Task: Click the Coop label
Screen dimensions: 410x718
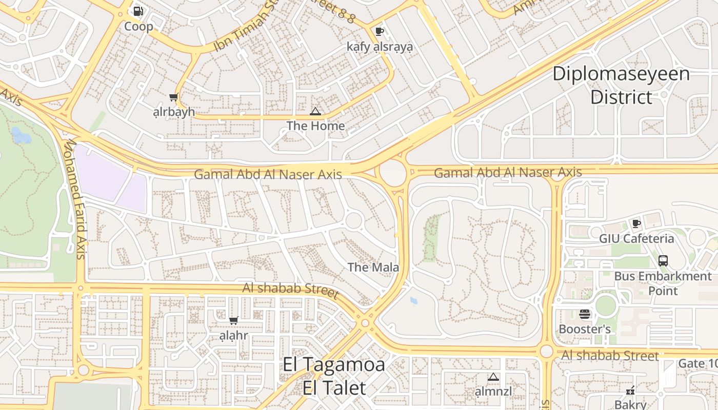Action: click(138, 27)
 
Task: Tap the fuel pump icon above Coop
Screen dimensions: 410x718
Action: click(138, 11)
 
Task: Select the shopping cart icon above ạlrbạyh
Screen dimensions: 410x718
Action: click(174, 97)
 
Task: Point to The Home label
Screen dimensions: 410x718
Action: click(315, 126)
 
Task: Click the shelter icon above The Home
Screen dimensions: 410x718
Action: click(315, 111)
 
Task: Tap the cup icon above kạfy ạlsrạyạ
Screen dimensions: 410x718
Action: click(379, 31)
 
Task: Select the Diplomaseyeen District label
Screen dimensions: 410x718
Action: click(621, 85)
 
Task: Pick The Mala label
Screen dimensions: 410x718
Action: click(373, 267)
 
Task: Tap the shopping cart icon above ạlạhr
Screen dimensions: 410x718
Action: click(233, 321)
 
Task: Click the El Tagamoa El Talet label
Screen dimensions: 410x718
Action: click(334, 376)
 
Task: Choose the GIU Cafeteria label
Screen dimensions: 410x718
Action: click(636, 239)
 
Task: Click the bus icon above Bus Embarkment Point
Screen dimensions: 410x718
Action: click(663, 261)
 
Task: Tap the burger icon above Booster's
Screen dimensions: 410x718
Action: click(585, 314)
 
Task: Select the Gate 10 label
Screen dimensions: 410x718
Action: click(697, 363)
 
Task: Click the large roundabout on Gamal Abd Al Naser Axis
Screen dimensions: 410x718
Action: click(393, 173)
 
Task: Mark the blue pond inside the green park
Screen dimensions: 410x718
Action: click(21, 135)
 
